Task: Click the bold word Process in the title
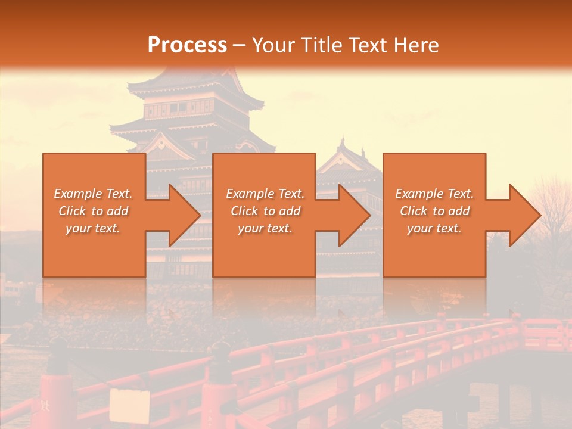tap(187, 45)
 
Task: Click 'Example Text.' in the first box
tap(94, 194)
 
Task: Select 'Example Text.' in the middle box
tap(265, 194)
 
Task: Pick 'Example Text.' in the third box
tap(434, 194)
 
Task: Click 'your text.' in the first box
tap(94, 228)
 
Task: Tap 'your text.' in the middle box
tap(265, 228)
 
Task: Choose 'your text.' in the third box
tap(434, 228)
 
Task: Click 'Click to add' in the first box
tap(94, 211)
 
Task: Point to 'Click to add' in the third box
tap(434, 211)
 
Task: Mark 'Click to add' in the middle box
tap(265, 211)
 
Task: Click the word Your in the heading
tap(272, 45)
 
